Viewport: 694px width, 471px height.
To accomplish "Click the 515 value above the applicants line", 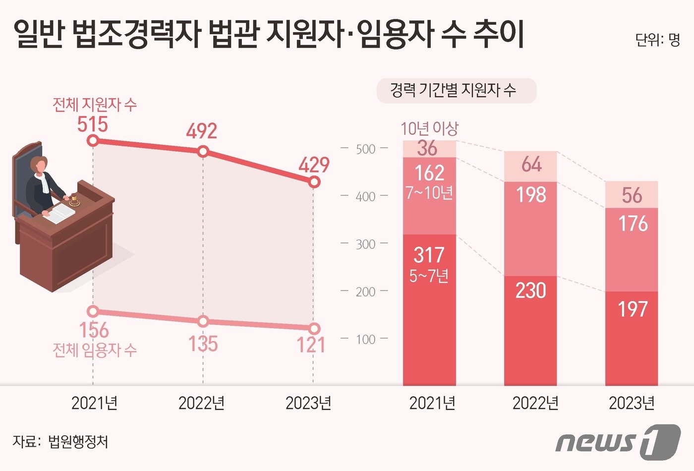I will [x=93, y=123].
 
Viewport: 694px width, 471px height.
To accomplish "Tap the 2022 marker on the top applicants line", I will [x=203, y=152].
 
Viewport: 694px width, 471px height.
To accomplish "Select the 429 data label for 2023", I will [x=313, y=165].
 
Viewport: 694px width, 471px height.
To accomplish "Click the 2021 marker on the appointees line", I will [x=93, y=311].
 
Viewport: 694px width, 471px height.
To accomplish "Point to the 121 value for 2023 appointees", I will [x=311, y=345].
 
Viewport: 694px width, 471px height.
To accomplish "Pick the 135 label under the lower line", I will [x=203, y=344].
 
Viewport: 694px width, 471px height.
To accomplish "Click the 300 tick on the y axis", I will [x=365, y=244].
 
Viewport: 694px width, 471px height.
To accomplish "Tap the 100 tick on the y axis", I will [x=365, y=340].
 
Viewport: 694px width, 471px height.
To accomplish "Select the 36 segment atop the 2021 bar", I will [x=428, y=149].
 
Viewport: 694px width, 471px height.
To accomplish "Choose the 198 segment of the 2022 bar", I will [x=531, y=195].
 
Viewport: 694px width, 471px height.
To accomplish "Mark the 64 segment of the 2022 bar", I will [x=531, y=165].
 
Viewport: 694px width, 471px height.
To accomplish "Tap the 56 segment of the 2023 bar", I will [x=632, y=195].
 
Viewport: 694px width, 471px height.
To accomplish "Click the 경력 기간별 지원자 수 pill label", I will [x=456, y=91].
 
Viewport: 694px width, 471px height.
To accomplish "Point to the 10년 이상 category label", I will [x=429, y=129].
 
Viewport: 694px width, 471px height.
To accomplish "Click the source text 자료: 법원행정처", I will [x=60, y=441].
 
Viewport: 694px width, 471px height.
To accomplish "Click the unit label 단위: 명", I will [x=657, y=40].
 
